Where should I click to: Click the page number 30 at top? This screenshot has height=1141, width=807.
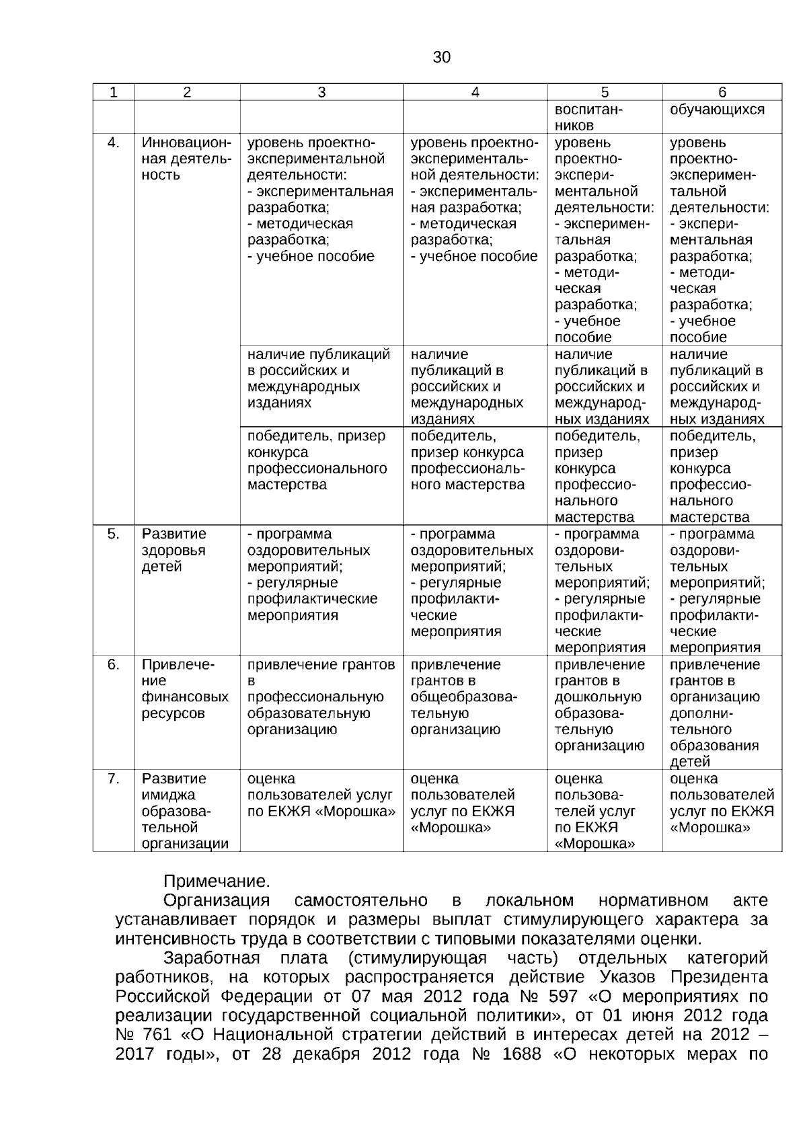point(441,57)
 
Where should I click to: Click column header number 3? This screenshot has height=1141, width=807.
point(321,93)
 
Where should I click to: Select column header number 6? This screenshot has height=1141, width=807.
point(722,93)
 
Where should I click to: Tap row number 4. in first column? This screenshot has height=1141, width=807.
point(114,143)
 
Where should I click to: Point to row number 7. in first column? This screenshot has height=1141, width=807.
point(114,779)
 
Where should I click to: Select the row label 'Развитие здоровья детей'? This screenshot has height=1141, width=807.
point(174,550)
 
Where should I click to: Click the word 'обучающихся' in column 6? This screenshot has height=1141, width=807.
point(717,110)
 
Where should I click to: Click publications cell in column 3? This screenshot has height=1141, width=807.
point(319,379)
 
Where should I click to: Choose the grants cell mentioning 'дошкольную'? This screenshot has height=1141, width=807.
point(599,705)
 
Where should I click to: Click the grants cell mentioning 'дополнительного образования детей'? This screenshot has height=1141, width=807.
point(715,713)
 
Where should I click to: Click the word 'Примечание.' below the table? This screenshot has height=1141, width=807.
point(217,881)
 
